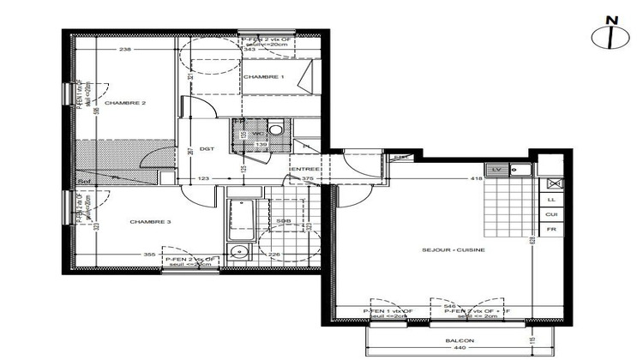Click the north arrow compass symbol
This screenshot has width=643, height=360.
610,35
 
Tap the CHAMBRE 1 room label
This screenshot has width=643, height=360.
263,77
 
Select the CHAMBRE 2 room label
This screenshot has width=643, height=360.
125,103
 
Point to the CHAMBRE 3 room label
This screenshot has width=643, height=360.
151,222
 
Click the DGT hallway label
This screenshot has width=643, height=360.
207,148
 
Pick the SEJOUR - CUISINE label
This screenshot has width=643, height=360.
454,249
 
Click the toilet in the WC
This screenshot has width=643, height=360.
274,129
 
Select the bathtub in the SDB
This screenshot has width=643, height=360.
238,219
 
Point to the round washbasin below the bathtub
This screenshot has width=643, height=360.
237,252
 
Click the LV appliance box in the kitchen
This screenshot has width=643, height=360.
496,169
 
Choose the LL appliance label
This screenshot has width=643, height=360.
552,199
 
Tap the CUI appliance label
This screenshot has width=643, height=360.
552,214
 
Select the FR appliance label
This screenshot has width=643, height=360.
552,230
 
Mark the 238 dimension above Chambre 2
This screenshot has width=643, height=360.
125,50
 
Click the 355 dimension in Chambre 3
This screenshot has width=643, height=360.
149,255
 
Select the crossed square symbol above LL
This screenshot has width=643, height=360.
553,183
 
